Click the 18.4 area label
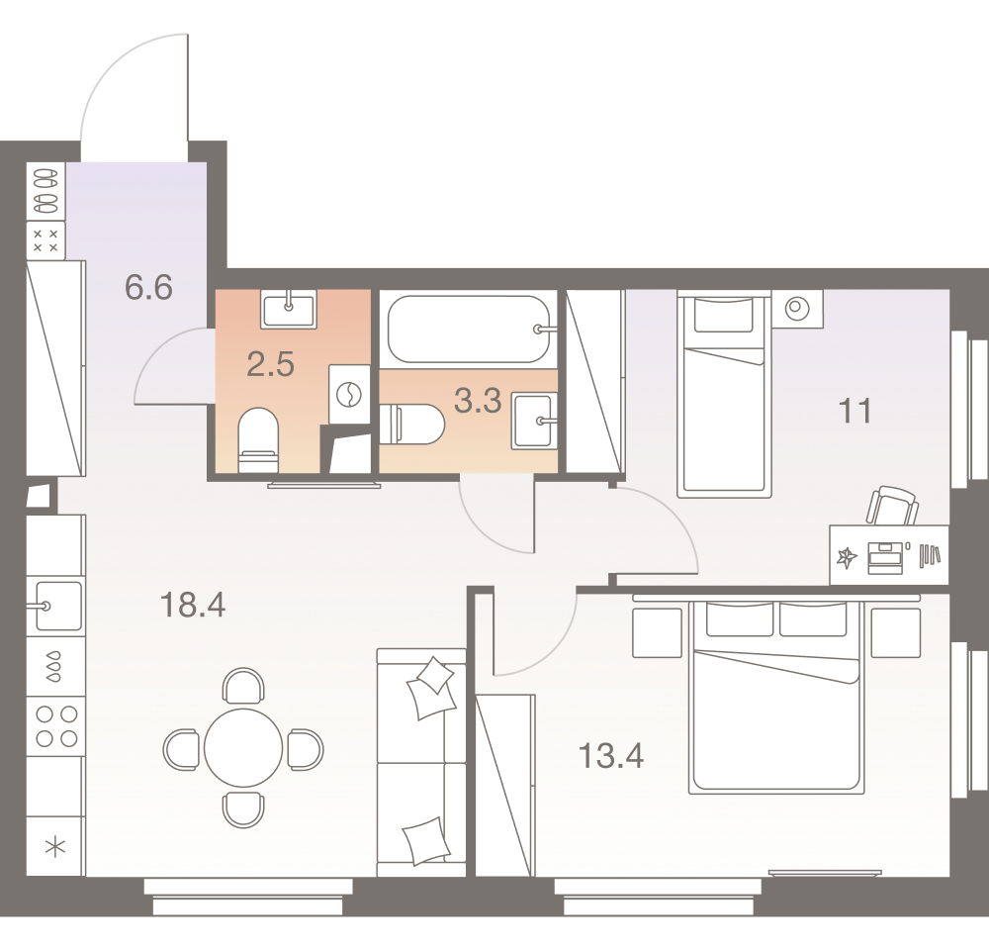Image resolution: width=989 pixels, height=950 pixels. pos(193,603)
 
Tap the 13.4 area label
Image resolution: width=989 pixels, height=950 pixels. pos(611,757)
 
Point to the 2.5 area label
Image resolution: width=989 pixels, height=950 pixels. pos(270,365)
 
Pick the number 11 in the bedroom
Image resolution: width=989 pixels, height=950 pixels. pos(856,410)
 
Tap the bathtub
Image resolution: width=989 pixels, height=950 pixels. pos(469,330)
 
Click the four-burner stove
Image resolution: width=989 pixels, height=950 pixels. pos(55,725)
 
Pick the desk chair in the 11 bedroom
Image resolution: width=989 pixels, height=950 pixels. pos(892,506)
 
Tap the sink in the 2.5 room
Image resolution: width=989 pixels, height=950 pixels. pos(289,308)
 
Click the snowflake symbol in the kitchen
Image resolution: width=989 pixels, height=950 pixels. pos(55,845)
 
